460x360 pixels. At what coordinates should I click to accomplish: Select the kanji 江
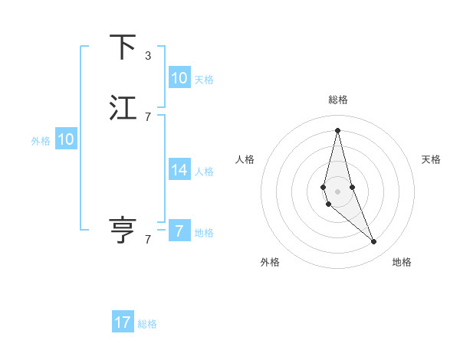pyautogui.click(x=123, y=109)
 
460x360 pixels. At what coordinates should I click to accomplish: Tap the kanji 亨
pyautogui.click(x=123, y=230)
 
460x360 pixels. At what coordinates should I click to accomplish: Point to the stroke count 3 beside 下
pyautogui.click(x=148, y=56)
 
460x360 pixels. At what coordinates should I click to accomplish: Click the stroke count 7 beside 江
pyautogui.click(x=148, y=117)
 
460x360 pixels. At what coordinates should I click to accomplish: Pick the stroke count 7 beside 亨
pyautogui.click(x=148, y=239)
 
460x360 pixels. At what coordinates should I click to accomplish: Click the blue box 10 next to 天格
pyautogui.click(x=179, y=78)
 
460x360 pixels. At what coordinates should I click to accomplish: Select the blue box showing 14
pyautogui.click(x=179, y=170)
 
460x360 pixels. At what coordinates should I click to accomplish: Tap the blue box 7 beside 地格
pyautogui.click(x=179, y=231)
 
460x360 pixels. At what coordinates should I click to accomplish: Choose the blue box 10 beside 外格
pyautogui.click(x=66, y=139)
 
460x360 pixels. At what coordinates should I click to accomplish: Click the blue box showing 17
pyautogui.click(x=123, y=322)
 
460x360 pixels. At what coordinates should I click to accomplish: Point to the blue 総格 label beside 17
pyautogui.click(x=147, y=324)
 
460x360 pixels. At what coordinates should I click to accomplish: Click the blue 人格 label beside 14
pyautogui.click(x=204, y=172)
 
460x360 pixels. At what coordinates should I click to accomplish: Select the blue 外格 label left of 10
pyautogui.click(x=41, y=141)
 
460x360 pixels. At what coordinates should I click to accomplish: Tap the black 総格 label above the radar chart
pyautogui.click(x=337, y=100)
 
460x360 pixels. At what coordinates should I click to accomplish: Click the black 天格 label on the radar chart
pyautogui.click(x=431, y=159)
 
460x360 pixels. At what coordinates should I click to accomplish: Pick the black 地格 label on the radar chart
pyautogui.click(x=402, y=262)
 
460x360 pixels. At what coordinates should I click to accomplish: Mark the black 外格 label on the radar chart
pyautogui.click(x=270, y=262)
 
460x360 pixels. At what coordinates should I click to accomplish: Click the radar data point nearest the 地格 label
pyautogui.click(x=374, y=242)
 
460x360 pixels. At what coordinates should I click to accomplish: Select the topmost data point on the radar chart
pyautogui.click(x=337, y=130)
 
